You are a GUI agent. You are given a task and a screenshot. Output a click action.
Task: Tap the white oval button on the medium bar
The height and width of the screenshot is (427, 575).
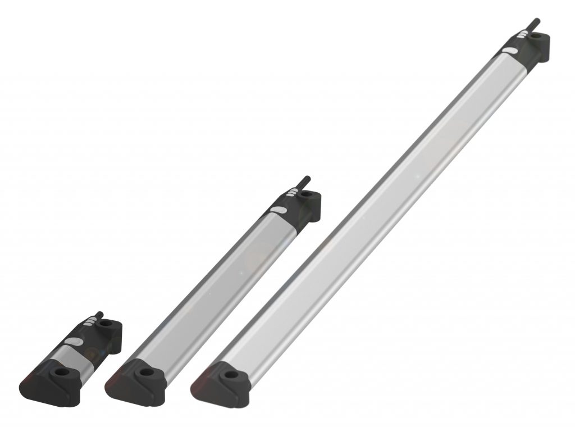coord(278,211)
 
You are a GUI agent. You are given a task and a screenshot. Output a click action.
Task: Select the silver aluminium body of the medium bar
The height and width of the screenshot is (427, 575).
coord(213,292)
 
